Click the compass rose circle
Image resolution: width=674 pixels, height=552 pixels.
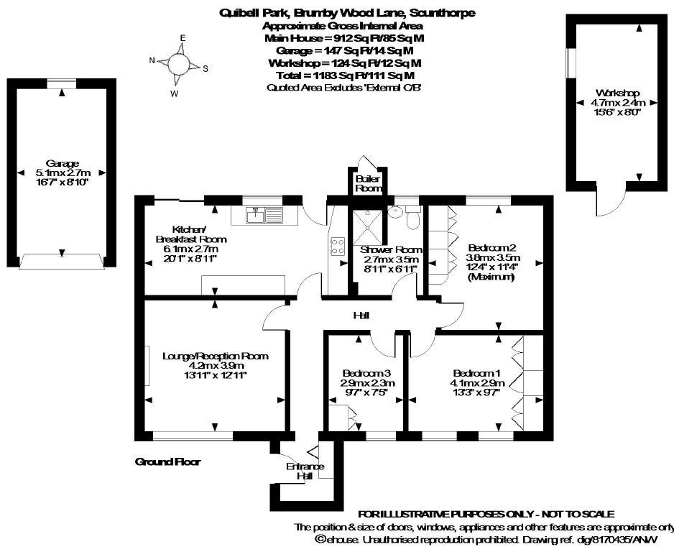point(177,64)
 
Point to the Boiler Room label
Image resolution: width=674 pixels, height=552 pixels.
point(366,183)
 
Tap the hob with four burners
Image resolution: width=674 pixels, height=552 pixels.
point(336,247)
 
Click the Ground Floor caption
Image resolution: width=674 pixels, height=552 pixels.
point(167,462)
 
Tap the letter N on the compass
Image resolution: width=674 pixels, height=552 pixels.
point(152,60)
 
